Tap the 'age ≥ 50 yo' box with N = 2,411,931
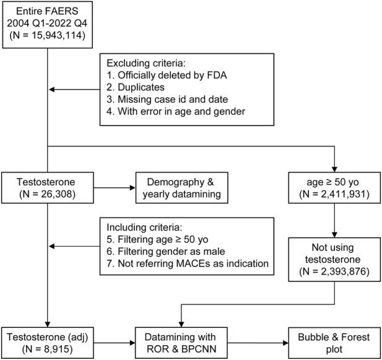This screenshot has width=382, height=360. (x=334, y=185)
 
